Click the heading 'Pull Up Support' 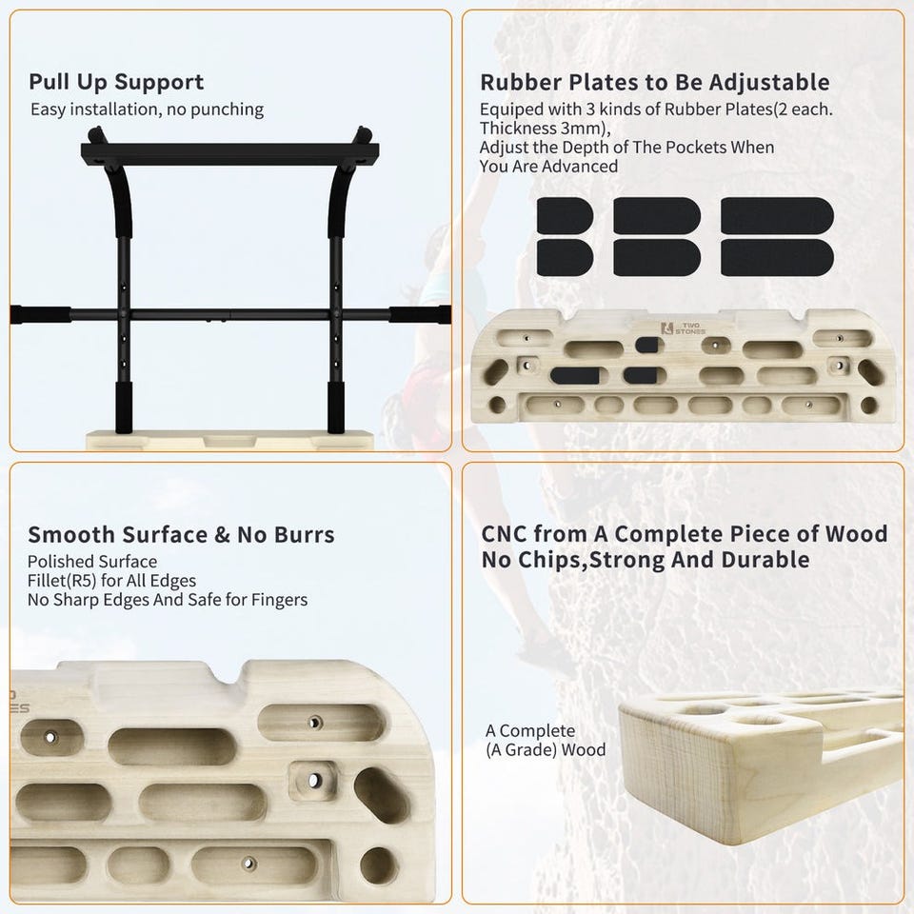[116, 82]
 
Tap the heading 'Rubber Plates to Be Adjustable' [655, 82]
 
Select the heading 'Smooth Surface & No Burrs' [181, 534]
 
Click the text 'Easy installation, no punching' [147, 109]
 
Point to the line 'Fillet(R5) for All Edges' [111, 581]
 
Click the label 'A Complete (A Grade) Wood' [546, 740]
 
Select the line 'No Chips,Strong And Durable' [646, 560]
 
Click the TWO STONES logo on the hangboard [683, 328]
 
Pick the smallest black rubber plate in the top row [565, 216]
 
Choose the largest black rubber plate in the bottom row [777, 258]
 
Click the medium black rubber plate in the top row [657, 216]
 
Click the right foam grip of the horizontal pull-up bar [420, 314]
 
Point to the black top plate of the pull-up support [229, 154]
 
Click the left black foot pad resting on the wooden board [124, 407]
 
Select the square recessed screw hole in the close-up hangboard [313, 780]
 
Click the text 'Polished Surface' [92, 562]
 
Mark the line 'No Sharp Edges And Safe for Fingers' [168, 600]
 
